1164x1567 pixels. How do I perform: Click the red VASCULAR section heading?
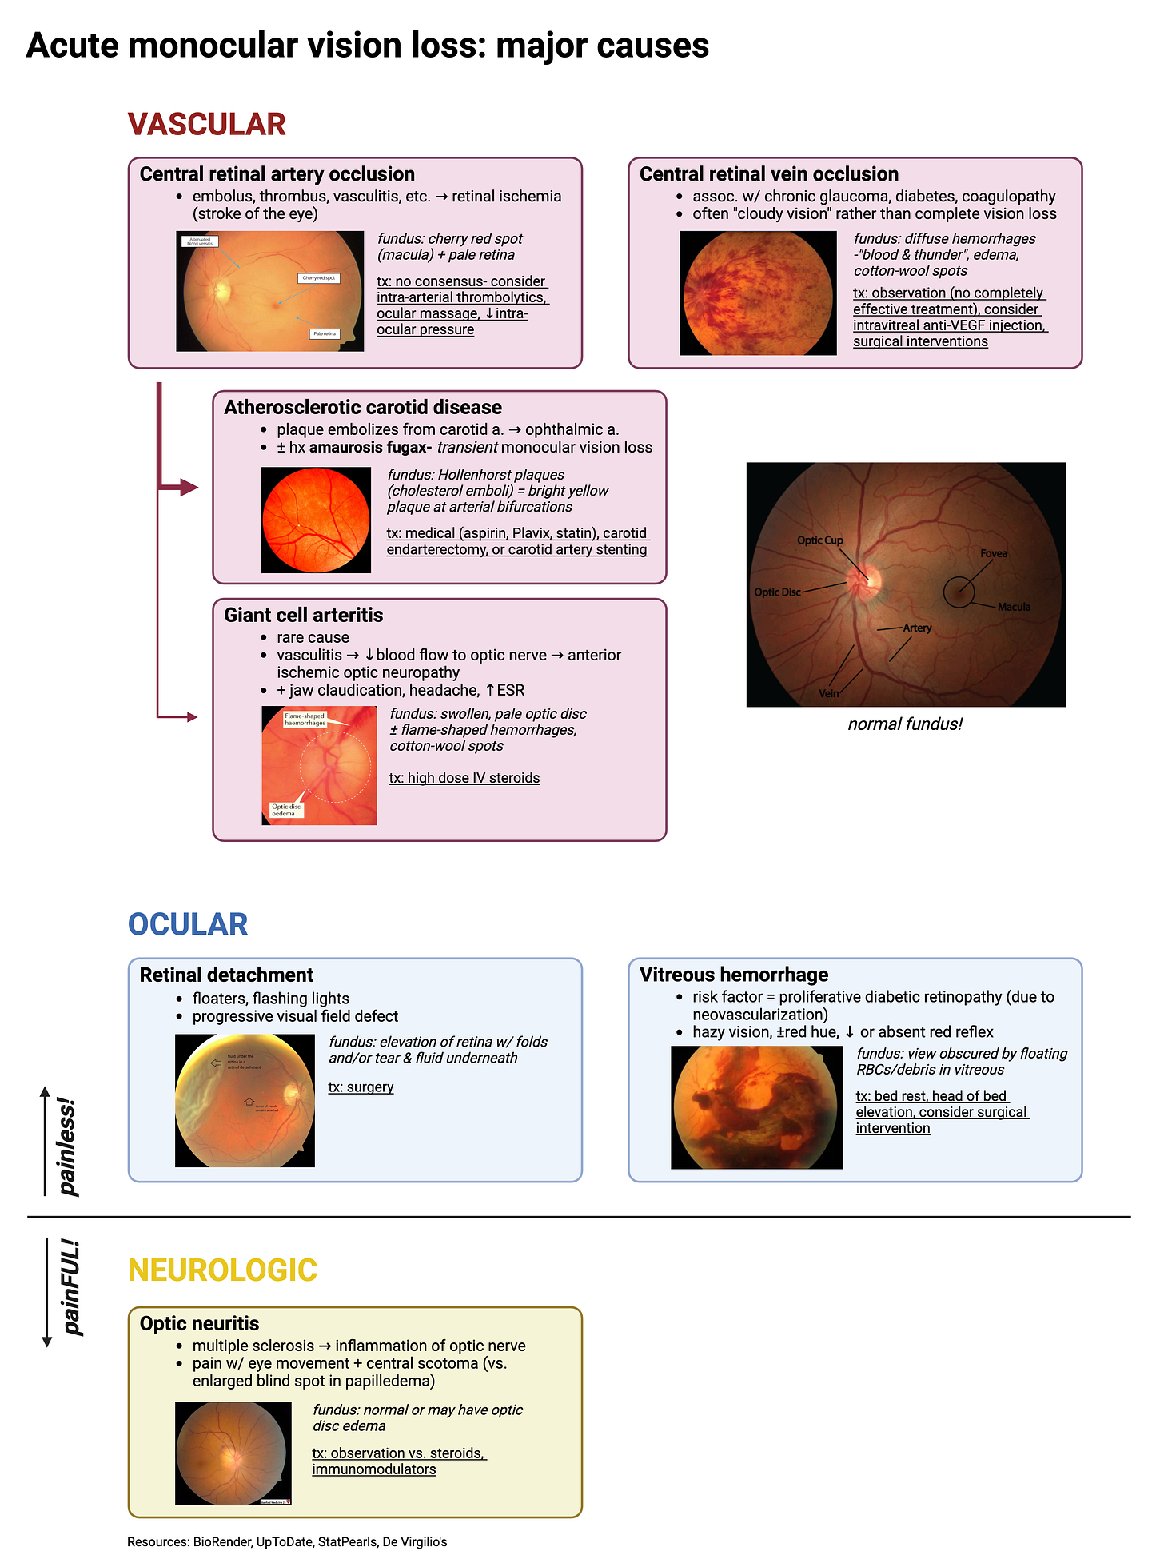[x=206, y=125]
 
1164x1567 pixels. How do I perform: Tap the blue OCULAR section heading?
[x=188, y=924]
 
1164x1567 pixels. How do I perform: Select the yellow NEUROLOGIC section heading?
[x=222, y=1270]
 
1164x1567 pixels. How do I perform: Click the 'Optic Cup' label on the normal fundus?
[x=819, y=540]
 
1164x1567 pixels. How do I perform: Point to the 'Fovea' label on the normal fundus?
[x=994, y=553]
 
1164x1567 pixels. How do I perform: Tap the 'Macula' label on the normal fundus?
[x=1014, y=607]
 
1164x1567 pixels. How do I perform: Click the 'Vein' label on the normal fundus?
[x=828, y=693]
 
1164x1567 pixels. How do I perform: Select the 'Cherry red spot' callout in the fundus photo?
[x=319, y=278]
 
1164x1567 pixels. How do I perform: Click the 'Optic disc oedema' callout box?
[x=285, y=810]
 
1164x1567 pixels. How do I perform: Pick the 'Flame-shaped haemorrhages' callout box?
[x=305, y=719]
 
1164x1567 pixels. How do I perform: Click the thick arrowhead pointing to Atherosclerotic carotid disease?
[x=189, y=487]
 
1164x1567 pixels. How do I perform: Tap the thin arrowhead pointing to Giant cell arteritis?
[x=192, y=717]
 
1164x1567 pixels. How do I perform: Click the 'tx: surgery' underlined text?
[x=361, y=1087]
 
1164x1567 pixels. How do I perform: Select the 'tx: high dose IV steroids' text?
[x=464, y=778]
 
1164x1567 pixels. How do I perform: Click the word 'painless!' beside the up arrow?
[x=69, y=1146]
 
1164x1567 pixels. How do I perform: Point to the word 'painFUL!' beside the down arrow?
[x=71, y=1287]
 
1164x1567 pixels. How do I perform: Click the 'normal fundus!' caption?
[x=905, y=724]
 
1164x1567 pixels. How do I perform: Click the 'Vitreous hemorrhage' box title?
[x=733, y=975]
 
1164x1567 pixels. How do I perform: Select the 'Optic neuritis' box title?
[x=199, y=1323]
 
